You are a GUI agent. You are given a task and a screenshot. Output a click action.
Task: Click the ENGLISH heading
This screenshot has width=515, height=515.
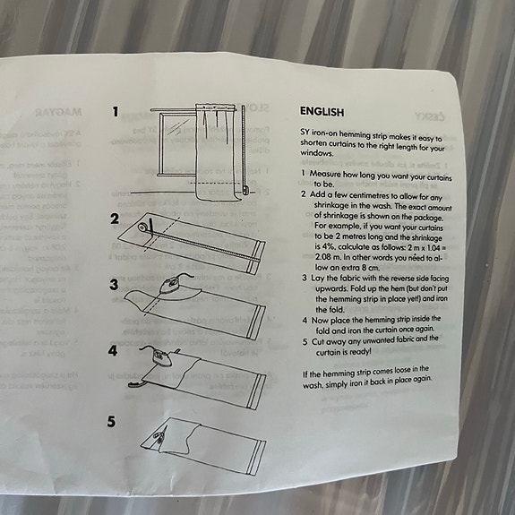coord(322,112)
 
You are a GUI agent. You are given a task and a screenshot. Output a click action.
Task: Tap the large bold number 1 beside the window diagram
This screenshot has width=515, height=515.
coord(116,113)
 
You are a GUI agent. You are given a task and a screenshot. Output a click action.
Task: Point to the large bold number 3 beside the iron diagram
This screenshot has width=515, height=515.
coord(114,285)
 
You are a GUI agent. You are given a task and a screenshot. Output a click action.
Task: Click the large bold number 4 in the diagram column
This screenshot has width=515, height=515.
coord(113,351)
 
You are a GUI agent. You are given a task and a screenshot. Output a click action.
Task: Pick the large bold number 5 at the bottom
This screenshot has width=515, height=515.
coord(113,420)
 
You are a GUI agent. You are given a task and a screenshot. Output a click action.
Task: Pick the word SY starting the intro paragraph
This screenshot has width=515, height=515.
coord(305,132)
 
